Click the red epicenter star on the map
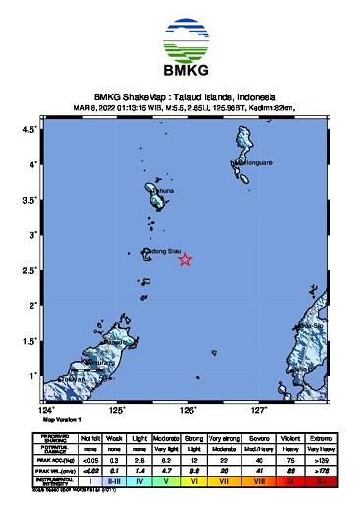tap(184, 259)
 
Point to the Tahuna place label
tap(162, 190)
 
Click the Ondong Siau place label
tap(163, 252)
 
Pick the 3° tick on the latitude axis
tap(34, 235)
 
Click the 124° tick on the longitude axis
tap(46, 408)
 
